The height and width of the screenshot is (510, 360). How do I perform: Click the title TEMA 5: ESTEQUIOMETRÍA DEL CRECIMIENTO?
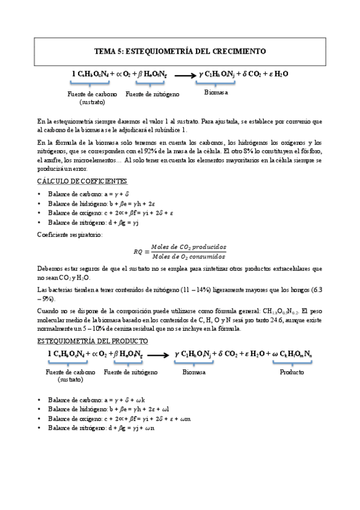[180, 52]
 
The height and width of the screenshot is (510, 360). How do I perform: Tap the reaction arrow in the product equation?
[159, 355]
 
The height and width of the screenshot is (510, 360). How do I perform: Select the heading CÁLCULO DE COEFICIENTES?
[82, 181]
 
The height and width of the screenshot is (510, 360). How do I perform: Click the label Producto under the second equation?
[291, 372]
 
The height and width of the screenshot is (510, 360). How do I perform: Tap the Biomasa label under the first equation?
[216, 93]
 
